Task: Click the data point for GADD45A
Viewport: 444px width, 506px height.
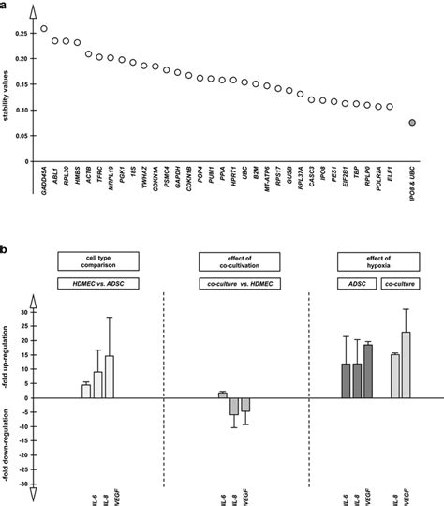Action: click(44, 29)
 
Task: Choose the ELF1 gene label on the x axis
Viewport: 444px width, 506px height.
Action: click(389, 177)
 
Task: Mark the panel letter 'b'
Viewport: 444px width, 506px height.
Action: click(6, 250)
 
